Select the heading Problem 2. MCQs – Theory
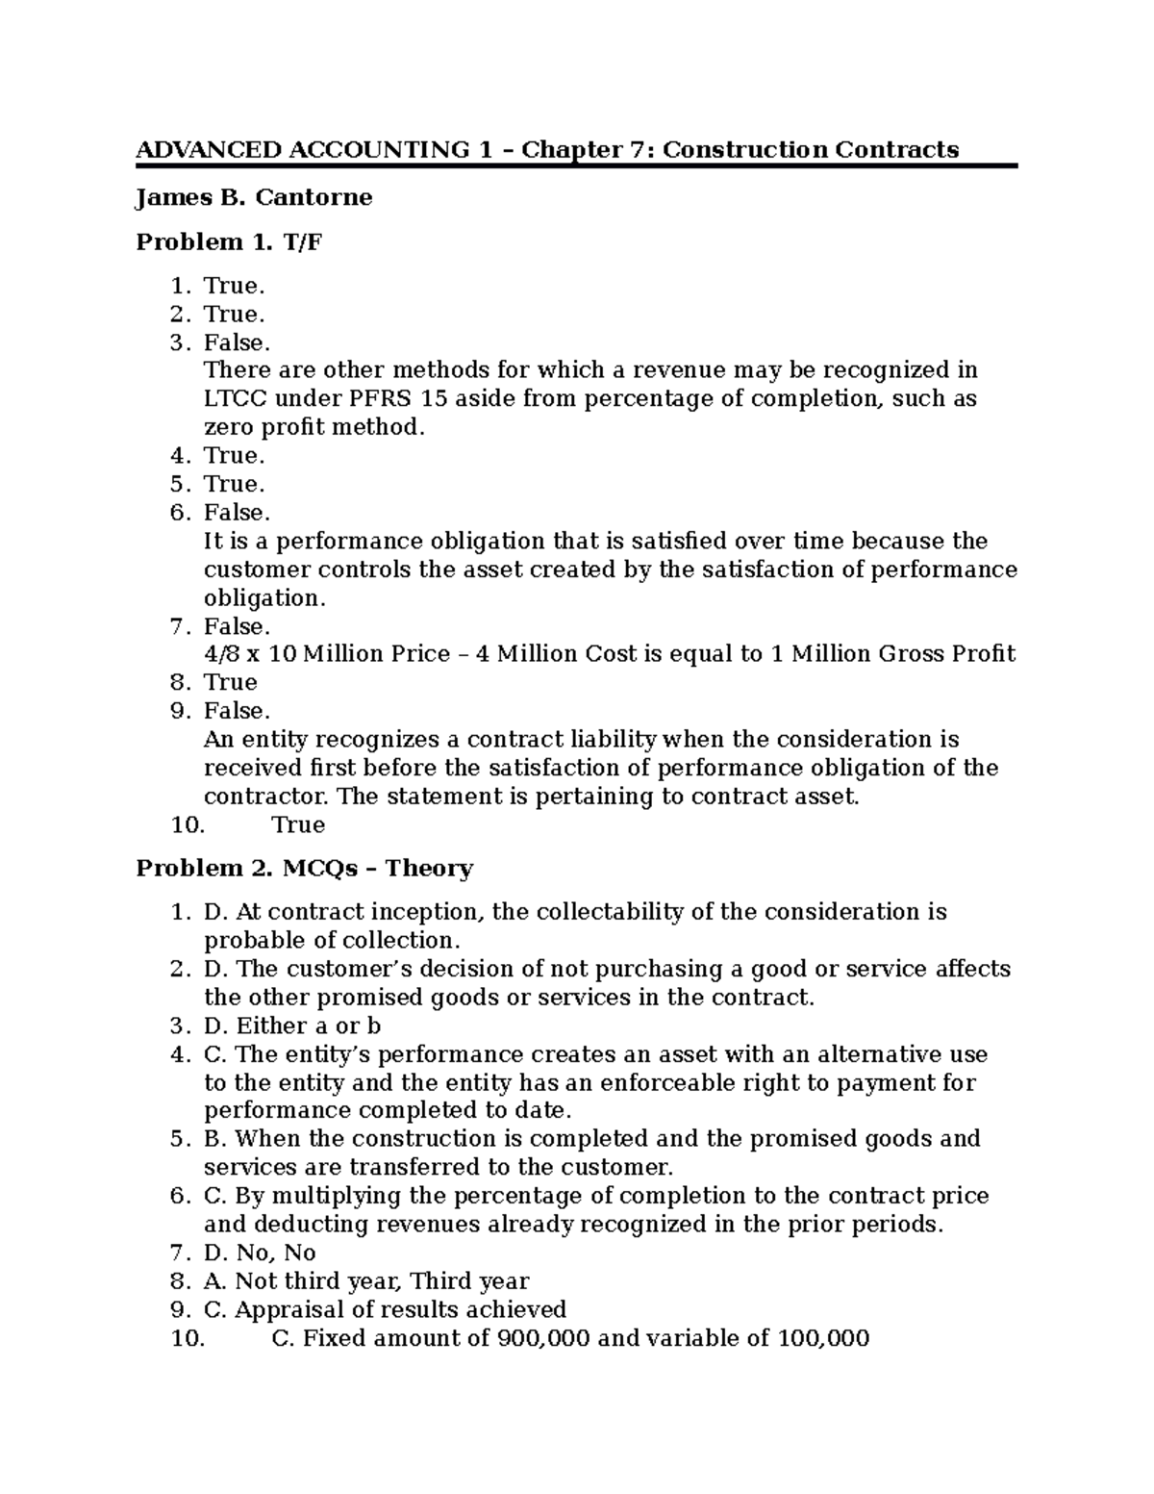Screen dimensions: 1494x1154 [x=304, y=869]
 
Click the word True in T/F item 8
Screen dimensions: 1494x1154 [x=230, y=682]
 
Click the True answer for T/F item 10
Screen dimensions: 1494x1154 [x=298, y=824]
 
